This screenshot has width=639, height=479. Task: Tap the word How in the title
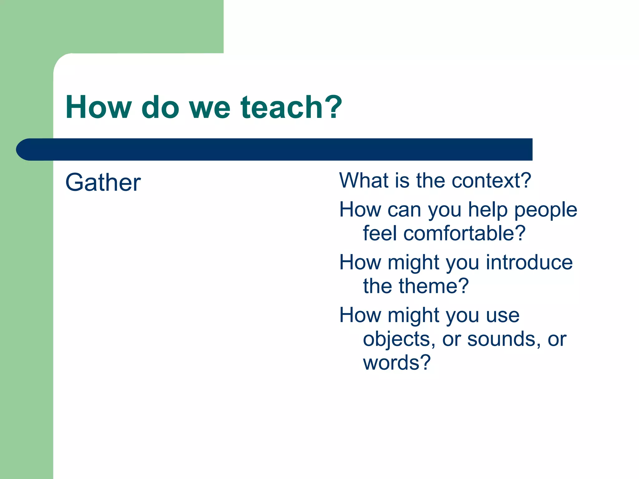[x=98, y=108]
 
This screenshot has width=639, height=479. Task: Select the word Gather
[x=103, y=182]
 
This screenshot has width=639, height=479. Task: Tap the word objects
[x=396, y=339]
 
